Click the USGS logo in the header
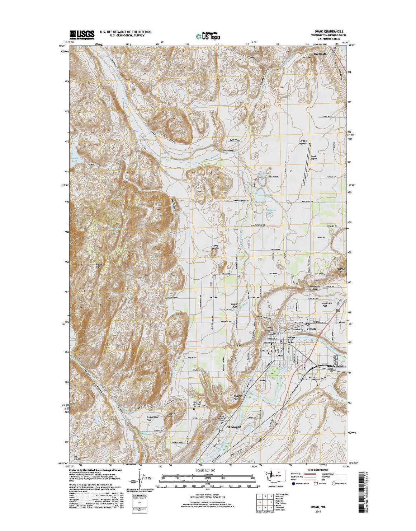(82, 34)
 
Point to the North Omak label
(335, 366)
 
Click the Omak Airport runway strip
(307, 164)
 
